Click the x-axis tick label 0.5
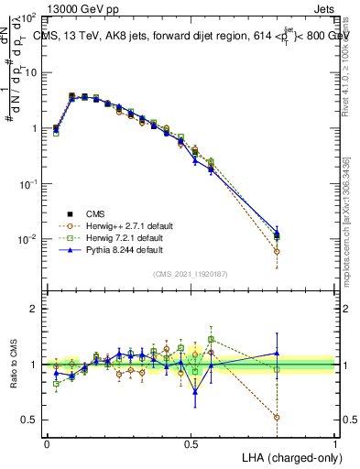(x=191, y=443)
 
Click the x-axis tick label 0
(x=48, y=443)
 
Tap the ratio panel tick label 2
(x=34, y=309)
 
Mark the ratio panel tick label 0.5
(x=30, y=420)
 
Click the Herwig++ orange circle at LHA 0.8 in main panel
(x=277, y=251)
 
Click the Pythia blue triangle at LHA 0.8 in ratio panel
(x=277, y=353)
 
